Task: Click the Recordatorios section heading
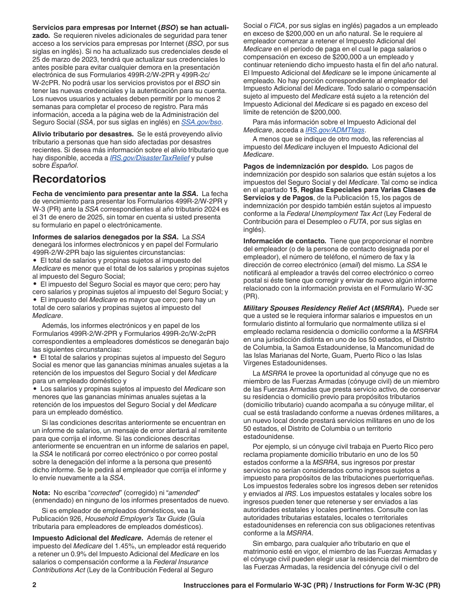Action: [69, 179]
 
